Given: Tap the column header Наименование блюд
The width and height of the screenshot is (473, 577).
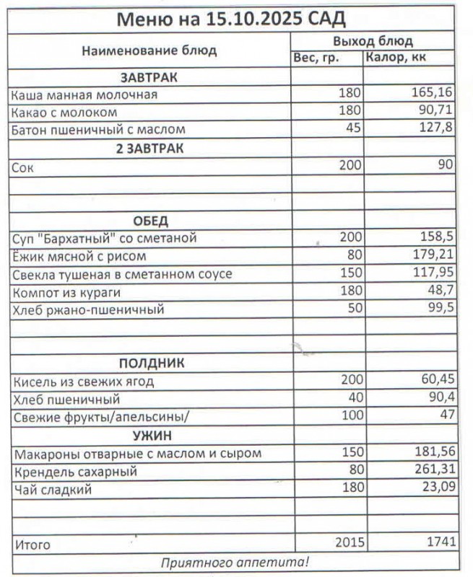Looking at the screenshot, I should pos(149,50).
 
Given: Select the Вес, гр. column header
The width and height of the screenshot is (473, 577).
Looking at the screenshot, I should pos(316,58).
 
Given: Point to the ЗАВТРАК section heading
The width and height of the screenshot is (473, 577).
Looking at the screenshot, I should pos(149,76).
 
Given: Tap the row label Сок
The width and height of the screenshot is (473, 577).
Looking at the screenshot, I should pos(23,166).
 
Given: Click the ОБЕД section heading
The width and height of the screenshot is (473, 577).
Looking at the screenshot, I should pos(150,220).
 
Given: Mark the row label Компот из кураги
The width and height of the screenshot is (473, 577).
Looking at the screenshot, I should pos(66,292).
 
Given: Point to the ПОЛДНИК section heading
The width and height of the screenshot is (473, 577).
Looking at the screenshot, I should pos(151,364).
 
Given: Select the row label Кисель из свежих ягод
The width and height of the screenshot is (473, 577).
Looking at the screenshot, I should pos(84,382).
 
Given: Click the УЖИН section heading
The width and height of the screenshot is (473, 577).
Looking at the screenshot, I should pos(151,435).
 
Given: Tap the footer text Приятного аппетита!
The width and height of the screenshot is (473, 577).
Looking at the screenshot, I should pos(235,561).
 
